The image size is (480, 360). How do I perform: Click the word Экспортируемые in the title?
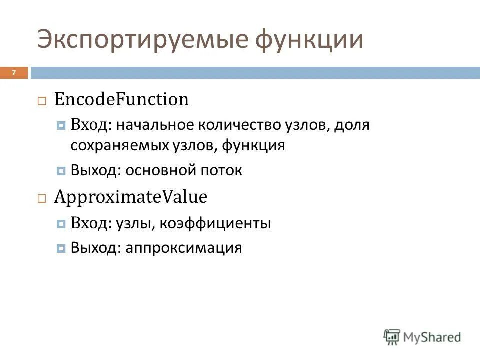coord(142,40)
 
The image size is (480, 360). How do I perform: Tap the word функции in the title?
coord(309,40)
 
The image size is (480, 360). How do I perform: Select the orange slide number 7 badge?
coord(14,73)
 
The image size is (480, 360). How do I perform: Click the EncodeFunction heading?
coord(121,99)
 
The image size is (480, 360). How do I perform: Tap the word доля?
coord(352,124)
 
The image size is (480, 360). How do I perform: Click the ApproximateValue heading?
coord(130,197)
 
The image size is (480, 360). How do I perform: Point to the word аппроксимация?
coord(184,248)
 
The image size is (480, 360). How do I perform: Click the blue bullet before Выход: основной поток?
coord(61,171)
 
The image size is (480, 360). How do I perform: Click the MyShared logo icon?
coord(391,337)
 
